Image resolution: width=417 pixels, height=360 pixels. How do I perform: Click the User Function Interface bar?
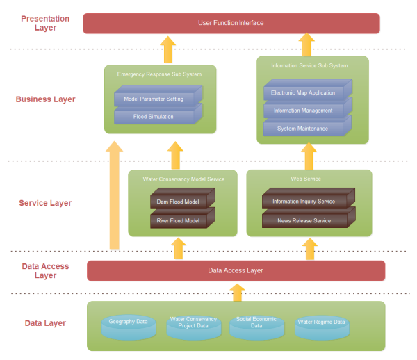click(231, 23)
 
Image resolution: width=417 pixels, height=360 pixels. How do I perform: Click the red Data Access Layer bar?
click(236, 270)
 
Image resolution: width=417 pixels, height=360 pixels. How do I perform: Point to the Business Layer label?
click(46, 99)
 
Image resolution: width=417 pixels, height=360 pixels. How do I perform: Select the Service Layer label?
click(46, 204)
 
